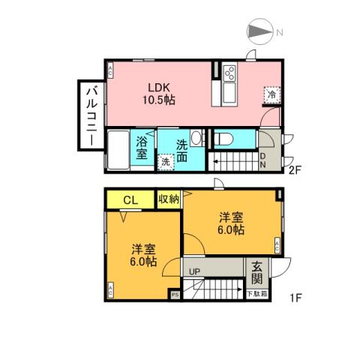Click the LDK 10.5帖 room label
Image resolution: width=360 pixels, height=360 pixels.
click(x=160, y=91)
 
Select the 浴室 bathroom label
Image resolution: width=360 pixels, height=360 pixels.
click(x=142, y=148)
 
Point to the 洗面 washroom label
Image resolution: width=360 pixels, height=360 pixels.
click(x=183, y=147)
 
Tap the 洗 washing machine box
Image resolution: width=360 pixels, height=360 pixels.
click(x=165, y=160)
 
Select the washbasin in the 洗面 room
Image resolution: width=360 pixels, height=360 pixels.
click(x=196, y=137)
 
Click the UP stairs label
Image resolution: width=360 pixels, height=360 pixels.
click(x=193, y=271)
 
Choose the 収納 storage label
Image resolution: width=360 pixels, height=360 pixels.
click(x=169, y=199)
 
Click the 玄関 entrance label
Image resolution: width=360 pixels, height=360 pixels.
click(x=257, y=272)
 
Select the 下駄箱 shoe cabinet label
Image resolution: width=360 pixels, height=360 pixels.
click(x=256, y=293)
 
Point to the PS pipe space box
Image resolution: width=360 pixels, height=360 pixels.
click(x=175, y=294)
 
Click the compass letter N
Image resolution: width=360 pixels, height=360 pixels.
click(x=278, y=31)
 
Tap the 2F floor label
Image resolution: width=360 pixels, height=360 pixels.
click(x=295, y=169)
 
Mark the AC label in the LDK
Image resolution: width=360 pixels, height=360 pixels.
click(x=110, y=72)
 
